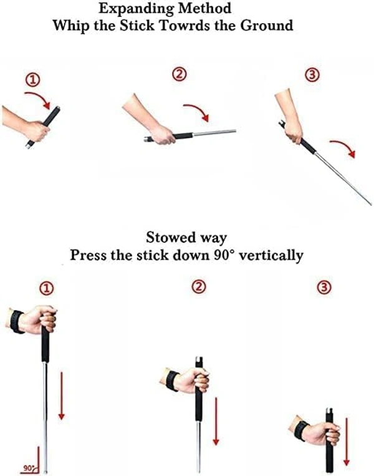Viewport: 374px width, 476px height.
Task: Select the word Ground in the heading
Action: tap(267, 25)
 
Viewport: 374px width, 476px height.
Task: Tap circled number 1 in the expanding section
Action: tap(32, 80)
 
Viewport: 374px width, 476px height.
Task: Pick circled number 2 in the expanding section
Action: tap(180, 74)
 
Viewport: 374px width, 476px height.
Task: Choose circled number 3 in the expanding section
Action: tap(312, 75)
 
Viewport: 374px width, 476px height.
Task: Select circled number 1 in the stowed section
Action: tap(46, 288)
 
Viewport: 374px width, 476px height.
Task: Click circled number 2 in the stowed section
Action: tap(199, 286)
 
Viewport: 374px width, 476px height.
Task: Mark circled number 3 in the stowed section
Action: tap(324, 287)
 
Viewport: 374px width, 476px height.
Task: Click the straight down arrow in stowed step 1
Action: tap(62, 396)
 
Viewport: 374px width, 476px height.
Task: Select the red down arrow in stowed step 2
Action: tap(216, 421)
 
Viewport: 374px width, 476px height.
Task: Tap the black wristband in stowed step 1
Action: tap(17, 322)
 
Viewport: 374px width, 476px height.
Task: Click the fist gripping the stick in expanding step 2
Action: tap(163, 135)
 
